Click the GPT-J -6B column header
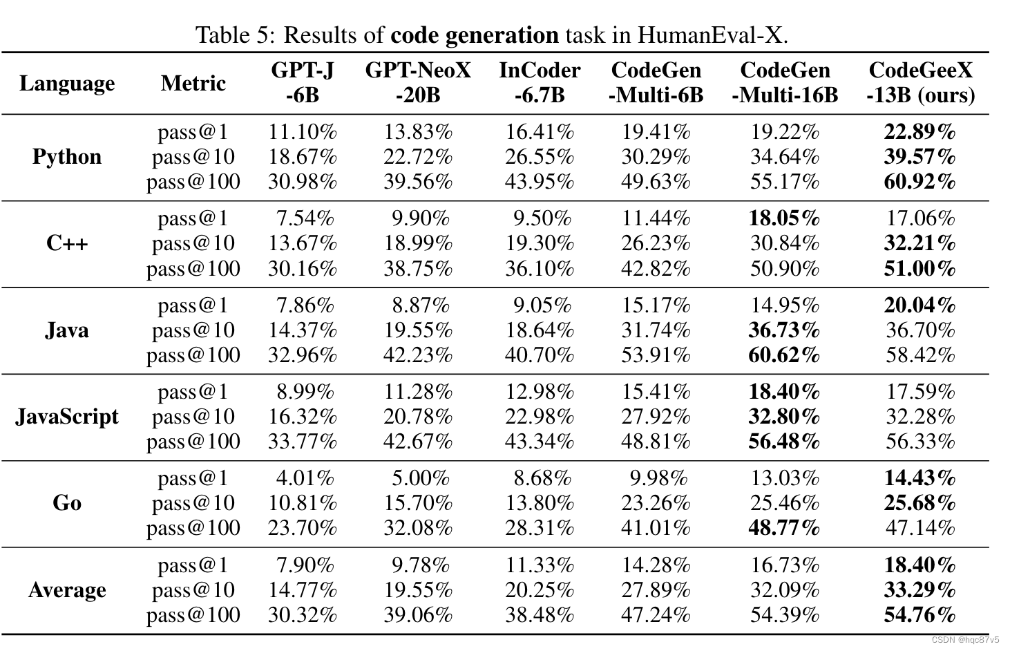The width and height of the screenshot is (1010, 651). point(303,82)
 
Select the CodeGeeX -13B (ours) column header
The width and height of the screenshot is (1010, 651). point(920,82)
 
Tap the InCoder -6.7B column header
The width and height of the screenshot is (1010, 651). point(540,82)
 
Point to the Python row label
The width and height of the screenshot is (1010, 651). point(67,157)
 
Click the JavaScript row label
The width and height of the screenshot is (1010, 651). point(67,417)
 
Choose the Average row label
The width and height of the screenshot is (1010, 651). point(67,590)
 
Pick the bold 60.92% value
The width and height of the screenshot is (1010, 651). point(920,182)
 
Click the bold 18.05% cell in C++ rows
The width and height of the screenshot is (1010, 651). point(784,218)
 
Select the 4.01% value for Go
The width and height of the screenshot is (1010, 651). point(305,478)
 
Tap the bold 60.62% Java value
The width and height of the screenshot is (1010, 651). point(784,355)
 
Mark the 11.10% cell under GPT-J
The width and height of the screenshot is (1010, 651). point(303,132)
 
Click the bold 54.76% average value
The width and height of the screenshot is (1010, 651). point(920,615)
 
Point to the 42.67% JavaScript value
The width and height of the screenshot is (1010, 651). point(418,442)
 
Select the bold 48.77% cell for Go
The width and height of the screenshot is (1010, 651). point(784,528)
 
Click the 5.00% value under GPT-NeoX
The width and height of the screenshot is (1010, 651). point(420,478)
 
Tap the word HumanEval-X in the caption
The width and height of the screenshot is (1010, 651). point(712,35)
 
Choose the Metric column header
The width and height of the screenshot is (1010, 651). point(193,84)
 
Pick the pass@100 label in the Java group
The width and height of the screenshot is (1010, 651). point(193,355)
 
